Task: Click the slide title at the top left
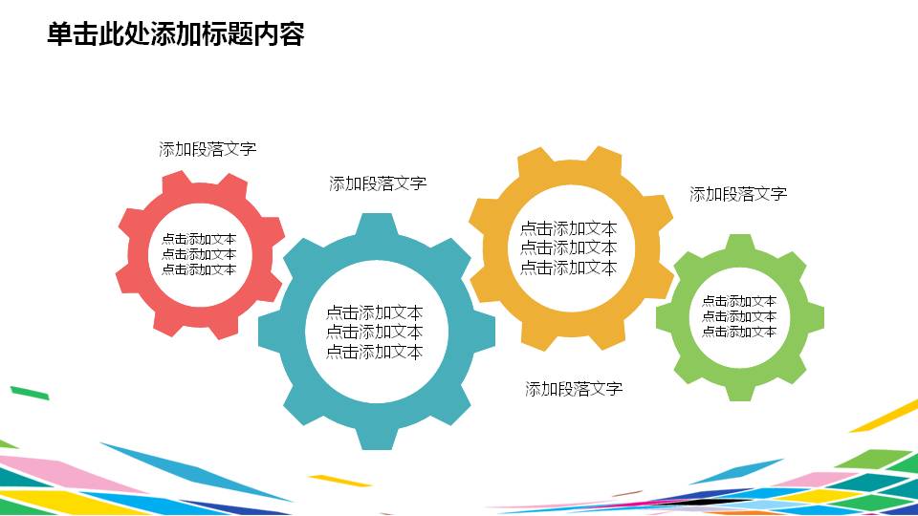(175, 35)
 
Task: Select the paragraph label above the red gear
(208, 149)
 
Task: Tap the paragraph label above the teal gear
(378, 183)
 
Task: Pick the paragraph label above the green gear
(738, 194)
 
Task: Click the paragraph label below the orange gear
(574, 389)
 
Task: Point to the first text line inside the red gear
(199, 239)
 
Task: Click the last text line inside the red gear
(199, 269)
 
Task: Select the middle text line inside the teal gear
(374, 332)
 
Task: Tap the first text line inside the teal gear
(374, 312)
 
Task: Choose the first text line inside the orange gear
(568, 228)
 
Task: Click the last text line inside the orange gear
(568, 268)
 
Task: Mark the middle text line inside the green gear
(739, 316)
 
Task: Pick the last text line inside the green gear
(739, 332)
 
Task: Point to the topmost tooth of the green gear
(739, 243)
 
